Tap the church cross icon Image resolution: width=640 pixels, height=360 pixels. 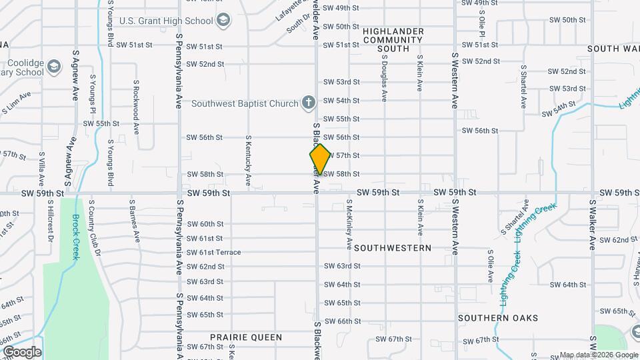(308, 103)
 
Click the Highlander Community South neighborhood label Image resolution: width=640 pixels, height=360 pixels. (393, 39)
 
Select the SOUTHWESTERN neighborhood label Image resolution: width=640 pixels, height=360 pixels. (393, 247)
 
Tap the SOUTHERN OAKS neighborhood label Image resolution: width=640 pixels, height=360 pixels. (498, 318)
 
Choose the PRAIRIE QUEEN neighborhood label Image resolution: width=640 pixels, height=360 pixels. (246, 337)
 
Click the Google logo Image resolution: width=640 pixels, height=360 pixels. (22, 351)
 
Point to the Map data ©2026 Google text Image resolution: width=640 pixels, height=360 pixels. (598, 355)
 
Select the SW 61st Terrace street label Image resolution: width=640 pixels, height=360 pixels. (214, 252)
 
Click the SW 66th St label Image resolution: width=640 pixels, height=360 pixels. (343, 321)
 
